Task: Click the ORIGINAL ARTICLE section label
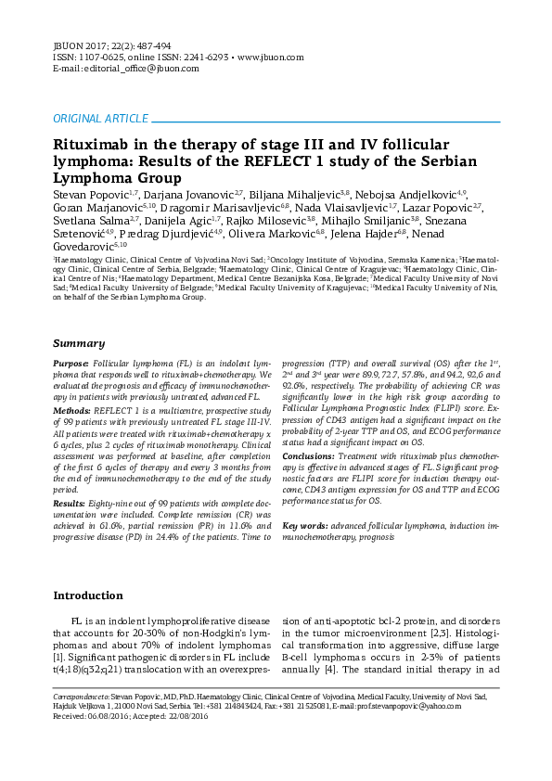click(x=100, y=119)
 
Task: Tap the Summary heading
click(x=78, y=343)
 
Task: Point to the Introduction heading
click(x=88, y=595)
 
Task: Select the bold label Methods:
click(x=72, y=409)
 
